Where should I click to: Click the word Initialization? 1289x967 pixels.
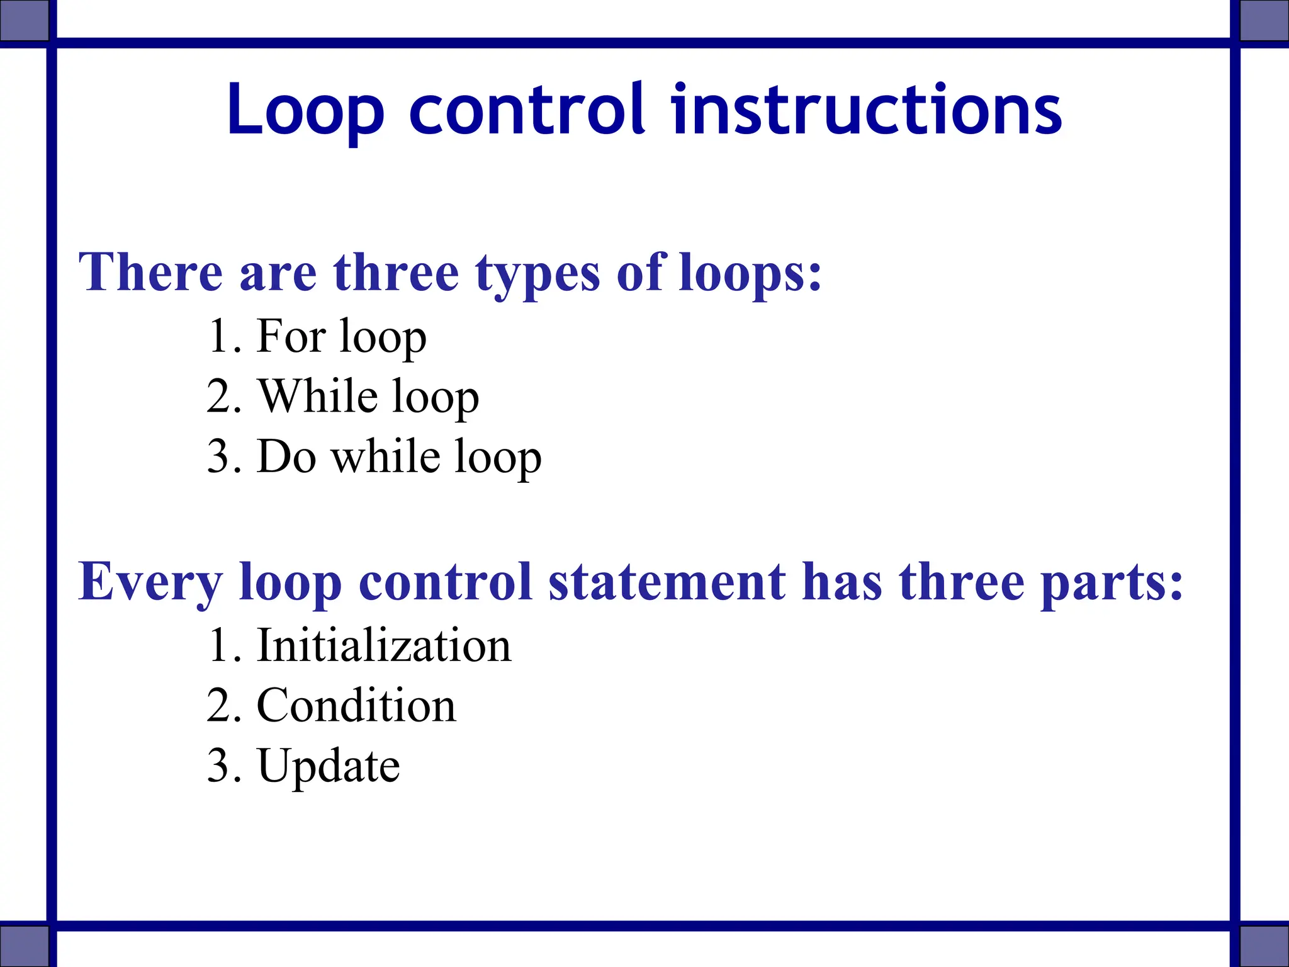(x=384, y=646)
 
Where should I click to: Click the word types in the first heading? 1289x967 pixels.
(x=538, y=274)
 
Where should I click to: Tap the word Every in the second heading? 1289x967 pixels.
(x=150, y=583)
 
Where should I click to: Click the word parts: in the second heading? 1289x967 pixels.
(x=1112, y=583)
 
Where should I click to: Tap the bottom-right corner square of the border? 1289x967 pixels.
(x=1264, y=946)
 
